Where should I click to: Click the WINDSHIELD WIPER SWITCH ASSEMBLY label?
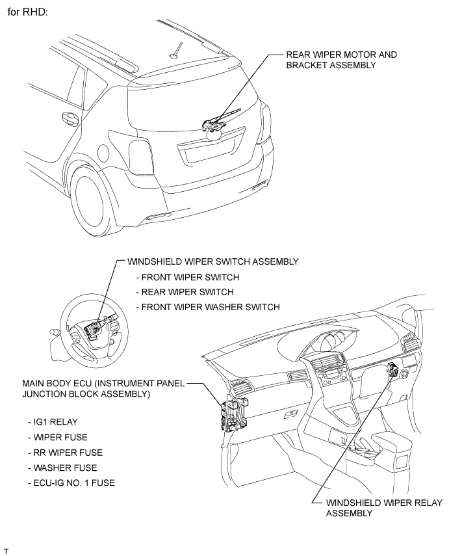pyautogui.click(x=212, y=261)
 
